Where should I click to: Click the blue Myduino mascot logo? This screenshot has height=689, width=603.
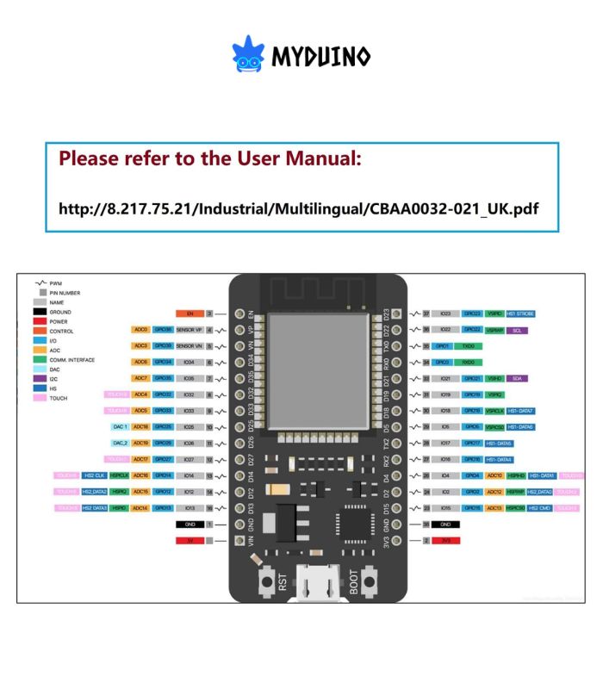248,54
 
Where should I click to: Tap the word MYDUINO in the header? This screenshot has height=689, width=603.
321,57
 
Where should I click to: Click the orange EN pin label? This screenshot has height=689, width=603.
190,313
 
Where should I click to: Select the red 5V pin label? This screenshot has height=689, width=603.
190,540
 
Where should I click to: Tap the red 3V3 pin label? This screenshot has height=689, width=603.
446,540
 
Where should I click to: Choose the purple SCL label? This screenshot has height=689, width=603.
515,330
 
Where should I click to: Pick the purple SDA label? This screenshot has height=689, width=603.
515,378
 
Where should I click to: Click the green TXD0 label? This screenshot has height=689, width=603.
468,346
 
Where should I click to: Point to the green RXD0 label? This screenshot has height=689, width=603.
468,363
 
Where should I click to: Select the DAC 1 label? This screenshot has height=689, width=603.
120,427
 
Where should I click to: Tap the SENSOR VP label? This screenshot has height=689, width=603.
190,330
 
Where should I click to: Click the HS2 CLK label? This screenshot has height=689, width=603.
95,475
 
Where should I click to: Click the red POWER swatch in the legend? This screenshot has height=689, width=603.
40,321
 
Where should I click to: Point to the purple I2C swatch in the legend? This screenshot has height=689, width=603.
40,379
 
